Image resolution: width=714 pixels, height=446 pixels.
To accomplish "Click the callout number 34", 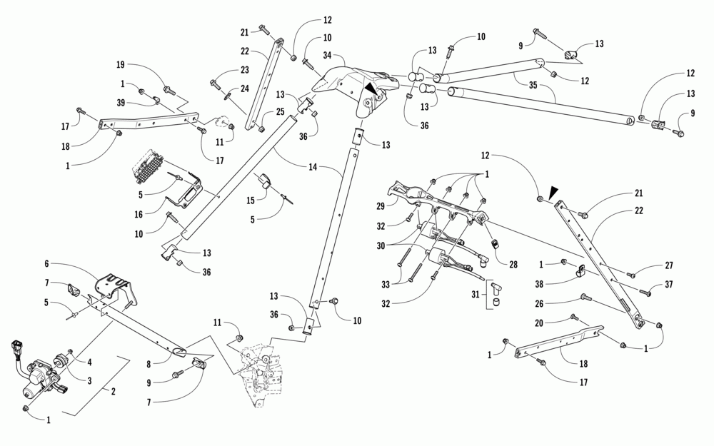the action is pyautogui.click(x=328, y=56).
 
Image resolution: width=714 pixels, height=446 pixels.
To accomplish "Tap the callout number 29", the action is pyautogui.click(x=381, y=206).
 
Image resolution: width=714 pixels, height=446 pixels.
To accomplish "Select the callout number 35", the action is pyautogui.click(x=533, y=85).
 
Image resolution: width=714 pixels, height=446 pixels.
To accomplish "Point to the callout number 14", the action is pyautogui.click(x=313, y=167).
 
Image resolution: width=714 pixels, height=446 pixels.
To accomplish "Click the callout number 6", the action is pyautogui.click(x=46, y=263).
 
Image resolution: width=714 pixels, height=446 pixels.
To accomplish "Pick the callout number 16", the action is pyautogui.click(x=139, y=214).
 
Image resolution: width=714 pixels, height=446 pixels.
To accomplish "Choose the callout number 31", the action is pyautogui.click(x=476, y=295).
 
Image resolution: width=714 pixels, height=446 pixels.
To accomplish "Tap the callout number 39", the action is pyautogui.click(x=121, y=103).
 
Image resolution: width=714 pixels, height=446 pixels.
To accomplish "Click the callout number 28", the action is pyautogui.click(x=513, y=265).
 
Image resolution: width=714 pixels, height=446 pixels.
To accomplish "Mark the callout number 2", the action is pyautogui.click(x=113, y=391).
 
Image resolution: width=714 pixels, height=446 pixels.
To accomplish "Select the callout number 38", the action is pyautogui.click(x=540, y=285).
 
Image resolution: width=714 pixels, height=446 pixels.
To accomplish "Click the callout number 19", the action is pyautogui.click(x=120, y=65).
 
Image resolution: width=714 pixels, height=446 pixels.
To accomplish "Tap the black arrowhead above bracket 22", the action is pyautogui.click(x=553, y=193).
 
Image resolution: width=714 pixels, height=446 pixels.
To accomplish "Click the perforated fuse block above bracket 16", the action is pyautogui.click(x=148, y=166).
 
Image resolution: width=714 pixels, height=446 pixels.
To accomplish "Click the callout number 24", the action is pyautogui.click(x=245, y=88).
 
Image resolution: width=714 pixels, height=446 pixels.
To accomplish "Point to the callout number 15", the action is pyautogui.click(x=251, y=201).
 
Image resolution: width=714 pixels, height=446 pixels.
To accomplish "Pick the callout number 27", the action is pyautogui.click(x=668, y=265).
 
